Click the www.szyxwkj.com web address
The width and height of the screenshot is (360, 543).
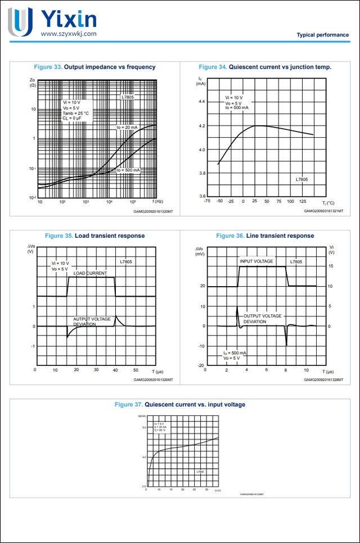click(x=69, y=34)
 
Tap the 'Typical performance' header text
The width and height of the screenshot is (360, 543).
click(x=322, y=35)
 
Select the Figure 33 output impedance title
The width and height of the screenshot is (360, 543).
click(x=95, y=67)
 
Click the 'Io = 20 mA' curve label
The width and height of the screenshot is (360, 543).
click(x=127, y=128)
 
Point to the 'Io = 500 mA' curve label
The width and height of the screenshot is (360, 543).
click(x=128, y=170)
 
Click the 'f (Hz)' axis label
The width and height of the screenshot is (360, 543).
click(x=157, y=201)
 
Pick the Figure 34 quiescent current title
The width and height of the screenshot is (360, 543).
click(x=265, y=67)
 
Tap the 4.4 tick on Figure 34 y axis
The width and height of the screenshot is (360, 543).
click(x=201, y=102)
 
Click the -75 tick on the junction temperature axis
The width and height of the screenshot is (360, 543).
click(x=207, y=201)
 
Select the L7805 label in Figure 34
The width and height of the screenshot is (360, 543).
click(x=302, y=179)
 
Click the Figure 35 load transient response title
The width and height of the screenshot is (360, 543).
click(x=94, y=236)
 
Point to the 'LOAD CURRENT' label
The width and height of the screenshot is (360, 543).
click(x=90, y=273)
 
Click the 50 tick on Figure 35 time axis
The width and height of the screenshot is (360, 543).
click(x=136, y=370)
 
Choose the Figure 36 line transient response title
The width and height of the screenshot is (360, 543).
click(x=265, y=236)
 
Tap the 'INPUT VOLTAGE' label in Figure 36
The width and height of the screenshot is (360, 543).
click(x=256, y=261)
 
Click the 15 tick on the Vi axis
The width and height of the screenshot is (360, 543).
click(x=331, y=266)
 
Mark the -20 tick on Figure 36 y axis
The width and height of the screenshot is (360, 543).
click(x=201, y=365)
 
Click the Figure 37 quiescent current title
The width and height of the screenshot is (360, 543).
click(x=179, y=404)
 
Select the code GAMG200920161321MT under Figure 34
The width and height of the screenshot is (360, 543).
click(x=323, y=211)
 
